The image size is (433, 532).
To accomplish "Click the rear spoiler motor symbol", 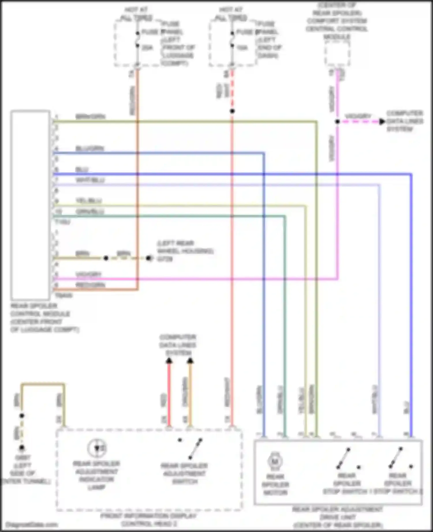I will click(275, 461).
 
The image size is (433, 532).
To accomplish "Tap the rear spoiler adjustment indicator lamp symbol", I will click(97, 448).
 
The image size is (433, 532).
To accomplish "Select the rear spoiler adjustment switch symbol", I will click(193, 448).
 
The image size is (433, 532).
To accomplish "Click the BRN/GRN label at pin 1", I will click(90, 117).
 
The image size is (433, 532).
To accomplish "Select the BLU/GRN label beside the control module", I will click(89, 149).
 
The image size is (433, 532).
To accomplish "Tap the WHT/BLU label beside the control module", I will click(90, 180).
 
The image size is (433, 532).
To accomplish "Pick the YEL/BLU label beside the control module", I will click(89, 201).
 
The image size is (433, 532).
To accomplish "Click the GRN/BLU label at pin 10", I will click(89, 212).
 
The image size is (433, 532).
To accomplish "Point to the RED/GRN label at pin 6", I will click(90, 285).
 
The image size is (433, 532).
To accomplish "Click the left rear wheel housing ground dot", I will click(149, 258).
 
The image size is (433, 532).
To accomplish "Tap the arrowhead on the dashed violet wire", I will click(382, 122).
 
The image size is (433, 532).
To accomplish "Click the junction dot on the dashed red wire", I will click(232, 111).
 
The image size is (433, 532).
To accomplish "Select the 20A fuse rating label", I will click(147, 48).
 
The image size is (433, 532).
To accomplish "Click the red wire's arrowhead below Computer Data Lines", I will click(169, 361).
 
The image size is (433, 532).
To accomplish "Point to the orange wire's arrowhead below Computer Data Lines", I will click(190, 361).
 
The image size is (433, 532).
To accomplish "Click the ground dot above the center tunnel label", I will click(22, 448).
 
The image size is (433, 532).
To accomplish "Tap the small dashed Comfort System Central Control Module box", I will click(337, 54).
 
